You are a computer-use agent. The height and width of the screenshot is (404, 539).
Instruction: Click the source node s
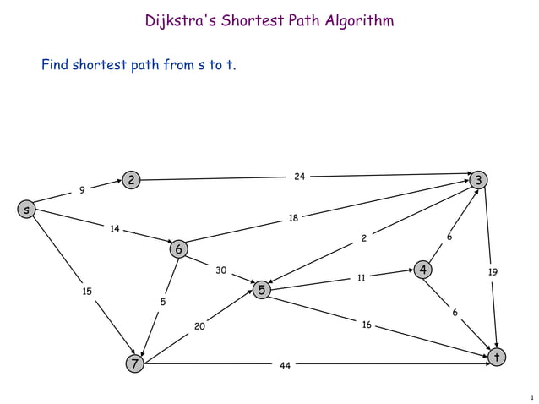point(27,209)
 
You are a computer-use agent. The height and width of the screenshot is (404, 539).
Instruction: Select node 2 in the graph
point(131,180)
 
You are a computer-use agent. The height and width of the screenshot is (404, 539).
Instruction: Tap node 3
point(480,180)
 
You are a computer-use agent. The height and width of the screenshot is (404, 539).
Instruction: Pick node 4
point(422,270)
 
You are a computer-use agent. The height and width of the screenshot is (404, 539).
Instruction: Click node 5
point(262,290)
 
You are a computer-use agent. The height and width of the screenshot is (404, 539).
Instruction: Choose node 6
point(178,249)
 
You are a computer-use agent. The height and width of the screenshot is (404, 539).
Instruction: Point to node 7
point(133,364)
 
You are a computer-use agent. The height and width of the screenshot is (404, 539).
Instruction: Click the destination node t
point(498,358)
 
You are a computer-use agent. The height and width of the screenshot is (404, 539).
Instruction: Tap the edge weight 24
point(299,176)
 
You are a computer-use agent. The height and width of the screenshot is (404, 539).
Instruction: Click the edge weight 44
point(286,366)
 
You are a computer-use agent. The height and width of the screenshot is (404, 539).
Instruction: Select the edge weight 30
point(220,270)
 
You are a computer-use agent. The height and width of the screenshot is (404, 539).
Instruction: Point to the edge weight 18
point(293,218)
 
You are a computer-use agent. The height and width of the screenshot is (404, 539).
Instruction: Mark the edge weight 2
point(364,238)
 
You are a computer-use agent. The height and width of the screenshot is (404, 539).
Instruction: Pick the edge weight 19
point(493,272)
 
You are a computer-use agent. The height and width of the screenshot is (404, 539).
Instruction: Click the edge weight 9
point(81,190)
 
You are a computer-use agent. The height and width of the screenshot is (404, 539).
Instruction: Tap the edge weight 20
point(199,325)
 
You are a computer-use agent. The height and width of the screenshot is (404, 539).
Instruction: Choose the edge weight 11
point(361,276)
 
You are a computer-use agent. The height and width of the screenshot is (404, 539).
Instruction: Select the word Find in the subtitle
point(57,64)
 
